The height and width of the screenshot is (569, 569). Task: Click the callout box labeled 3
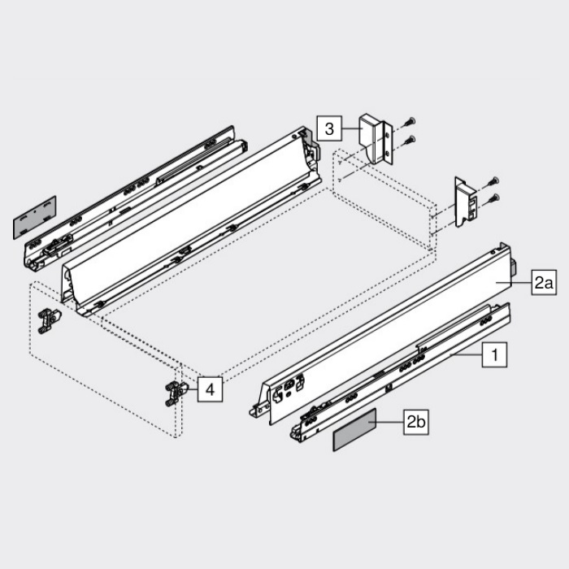[x=329, y=128]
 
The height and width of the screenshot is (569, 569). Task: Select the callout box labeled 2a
[x=544, y=282]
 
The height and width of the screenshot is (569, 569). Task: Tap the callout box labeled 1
[x=494, y=354]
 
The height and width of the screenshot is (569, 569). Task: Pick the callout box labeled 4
[x=210, y=389]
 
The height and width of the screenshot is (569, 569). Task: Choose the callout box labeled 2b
[x=416, y=422]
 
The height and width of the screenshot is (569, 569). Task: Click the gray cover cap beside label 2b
[x=354, y=430]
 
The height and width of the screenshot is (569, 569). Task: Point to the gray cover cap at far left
[x=35, y=218]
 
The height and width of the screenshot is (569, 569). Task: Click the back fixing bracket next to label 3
[x=376, y=139]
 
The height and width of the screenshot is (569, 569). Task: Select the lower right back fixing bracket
[x=466, y=202]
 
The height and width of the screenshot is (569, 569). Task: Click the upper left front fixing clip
[x=50, y=321]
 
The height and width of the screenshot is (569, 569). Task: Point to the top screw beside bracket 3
[x=410, y=122]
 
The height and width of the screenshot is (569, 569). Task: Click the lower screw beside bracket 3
[x=410, y=140]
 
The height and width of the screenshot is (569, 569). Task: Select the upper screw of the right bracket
[x=493, y=181]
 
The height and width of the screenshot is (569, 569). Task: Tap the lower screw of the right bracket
[x=493, y=198]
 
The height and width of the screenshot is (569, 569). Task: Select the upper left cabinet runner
[x=135, y=197]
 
